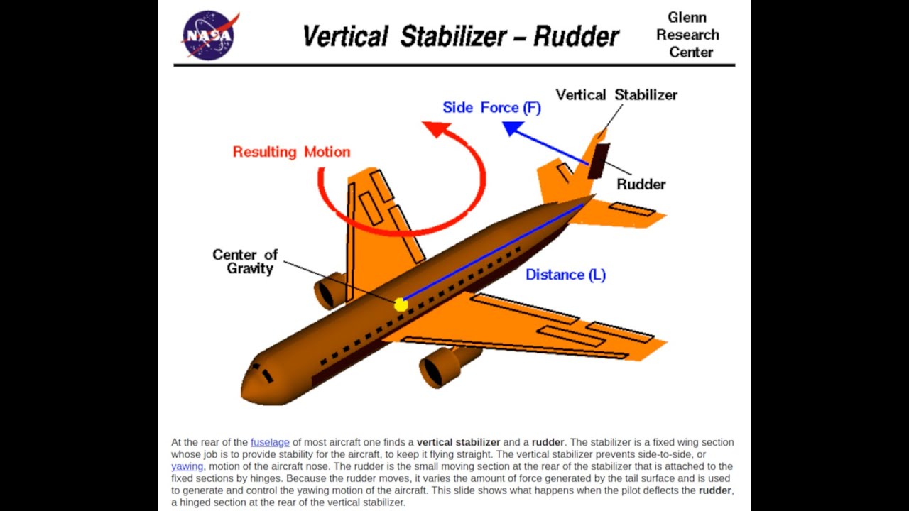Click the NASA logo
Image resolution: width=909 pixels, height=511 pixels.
210,35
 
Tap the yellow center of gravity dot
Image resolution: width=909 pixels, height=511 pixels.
401,304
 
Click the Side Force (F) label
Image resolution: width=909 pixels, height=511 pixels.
491,108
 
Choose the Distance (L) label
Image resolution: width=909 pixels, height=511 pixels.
565,275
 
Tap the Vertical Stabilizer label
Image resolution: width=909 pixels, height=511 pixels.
616,95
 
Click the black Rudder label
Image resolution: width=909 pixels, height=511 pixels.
641,185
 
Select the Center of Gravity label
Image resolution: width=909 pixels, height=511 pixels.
245,261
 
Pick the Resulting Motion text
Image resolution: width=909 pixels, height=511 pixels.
291,152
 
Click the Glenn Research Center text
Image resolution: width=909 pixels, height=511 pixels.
687,35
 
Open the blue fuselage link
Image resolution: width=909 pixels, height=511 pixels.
270,442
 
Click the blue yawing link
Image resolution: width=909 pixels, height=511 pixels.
187,466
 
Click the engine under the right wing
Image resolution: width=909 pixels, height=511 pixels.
440,366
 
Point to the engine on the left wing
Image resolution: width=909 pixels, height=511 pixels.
327,291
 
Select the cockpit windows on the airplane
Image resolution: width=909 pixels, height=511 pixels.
263,373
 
